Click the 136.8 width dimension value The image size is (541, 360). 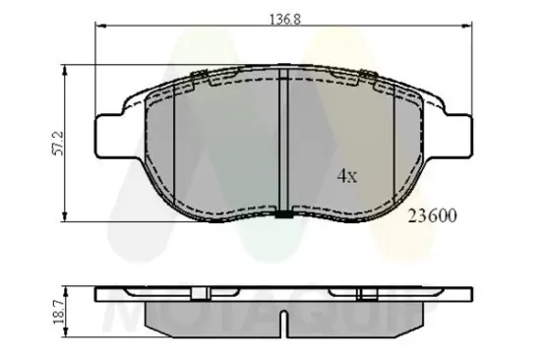tap(285, 17)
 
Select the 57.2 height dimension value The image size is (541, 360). tap(59, 143)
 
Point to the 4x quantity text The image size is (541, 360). tap(346, 177)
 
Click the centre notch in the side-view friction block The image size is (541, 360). tap(282, 320)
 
